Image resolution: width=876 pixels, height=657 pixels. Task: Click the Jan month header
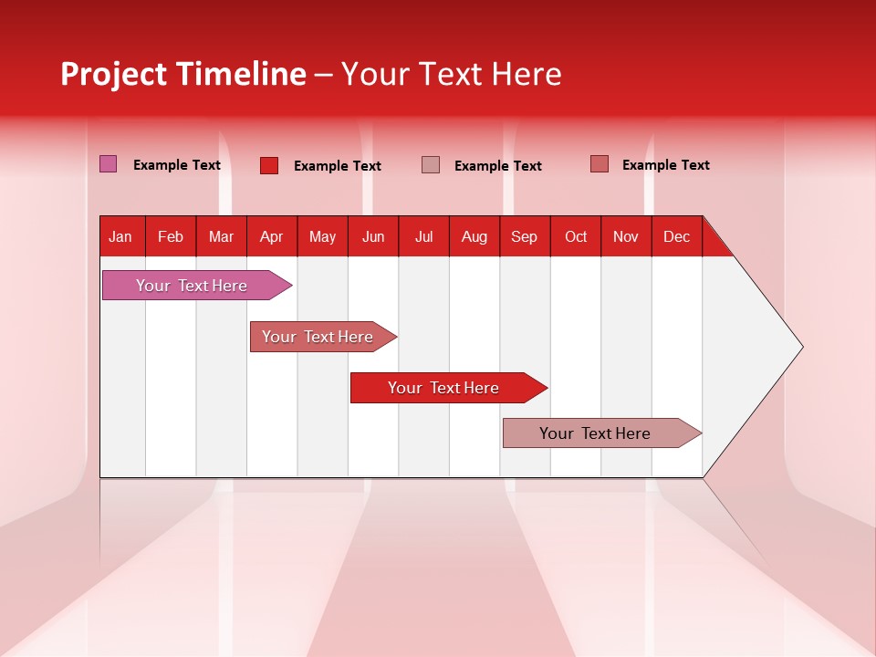[121, 236]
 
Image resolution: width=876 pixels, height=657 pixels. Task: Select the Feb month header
[171, 236]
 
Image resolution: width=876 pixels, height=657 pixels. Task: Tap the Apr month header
[271, 236]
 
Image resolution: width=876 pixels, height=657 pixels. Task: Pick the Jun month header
[373, 236]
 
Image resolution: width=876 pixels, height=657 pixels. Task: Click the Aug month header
[474, 236]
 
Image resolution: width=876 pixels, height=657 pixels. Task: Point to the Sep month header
[525, 236]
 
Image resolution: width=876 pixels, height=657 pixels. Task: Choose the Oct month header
[576, 236]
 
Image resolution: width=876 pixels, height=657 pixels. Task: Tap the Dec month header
[676, 236]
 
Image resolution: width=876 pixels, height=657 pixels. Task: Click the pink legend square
[108, 164]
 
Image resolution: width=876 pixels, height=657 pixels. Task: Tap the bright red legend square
[268, 165]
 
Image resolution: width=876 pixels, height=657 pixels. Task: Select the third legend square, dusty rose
[431, 164]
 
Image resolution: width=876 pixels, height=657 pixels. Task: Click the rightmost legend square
[599, 164]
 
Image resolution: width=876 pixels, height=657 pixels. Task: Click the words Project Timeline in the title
[183, 74]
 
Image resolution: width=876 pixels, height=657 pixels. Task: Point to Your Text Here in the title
[451, 74]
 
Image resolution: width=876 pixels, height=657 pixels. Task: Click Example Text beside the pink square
[177, 165]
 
